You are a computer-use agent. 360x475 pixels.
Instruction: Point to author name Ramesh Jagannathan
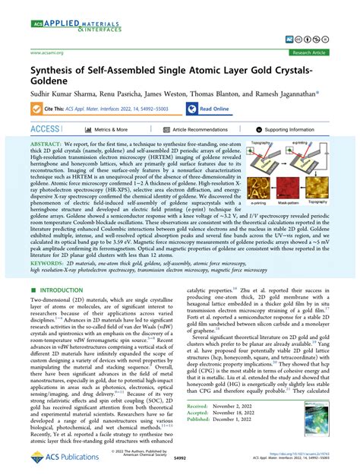[285, 97]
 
